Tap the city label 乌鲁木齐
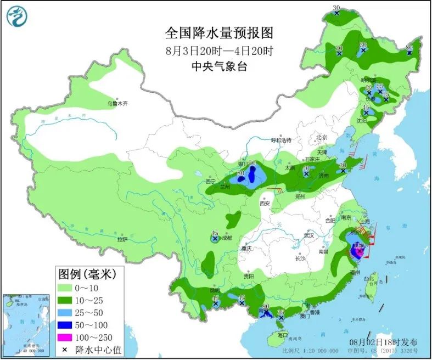pyautogui.click(x=116, y=103)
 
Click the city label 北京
pyautogui.click(x=321, y=137)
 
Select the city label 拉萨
pyautogui.click(x=122, y=239)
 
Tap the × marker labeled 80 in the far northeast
pyautogui.click(x=409, y=53)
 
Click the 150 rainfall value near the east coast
pyautogui.click(x=360, y=245)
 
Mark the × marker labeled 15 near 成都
pyautogui.click(x=215, y=239)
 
